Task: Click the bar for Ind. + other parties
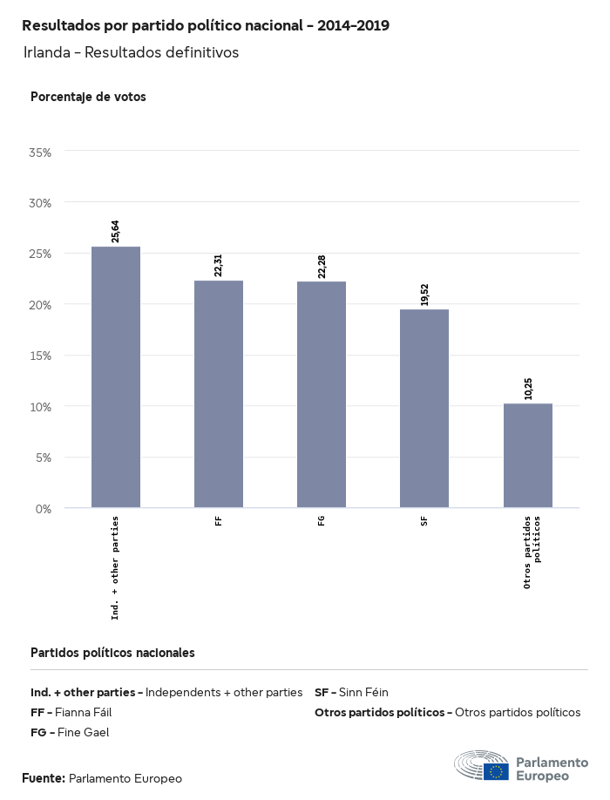click(116, 376)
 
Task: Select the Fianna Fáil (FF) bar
click(219, 394)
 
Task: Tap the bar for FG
click(322, 394)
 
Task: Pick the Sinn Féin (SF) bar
click(424, 408)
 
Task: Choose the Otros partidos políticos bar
click(528, 455)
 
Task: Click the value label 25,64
click(116, 231)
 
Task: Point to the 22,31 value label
click(219, 265)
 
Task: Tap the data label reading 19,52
click(424, 294)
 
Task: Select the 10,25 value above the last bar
click(528, 388)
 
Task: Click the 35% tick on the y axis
click(40, 152)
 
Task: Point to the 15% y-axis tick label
click(40, 356)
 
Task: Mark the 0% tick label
click(44, 508)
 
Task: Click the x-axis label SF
click(424, 521)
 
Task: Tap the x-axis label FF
click(219, 521)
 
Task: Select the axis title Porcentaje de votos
click(88, 97)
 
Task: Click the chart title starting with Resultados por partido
click(206, 25)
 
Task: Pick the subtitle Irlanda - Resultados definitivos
click(131, 52)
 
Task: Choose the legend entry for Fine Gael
click(70, 733)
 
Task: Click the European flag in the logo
click(498, 771)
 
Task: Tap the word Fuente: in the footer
click(44, 778)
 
